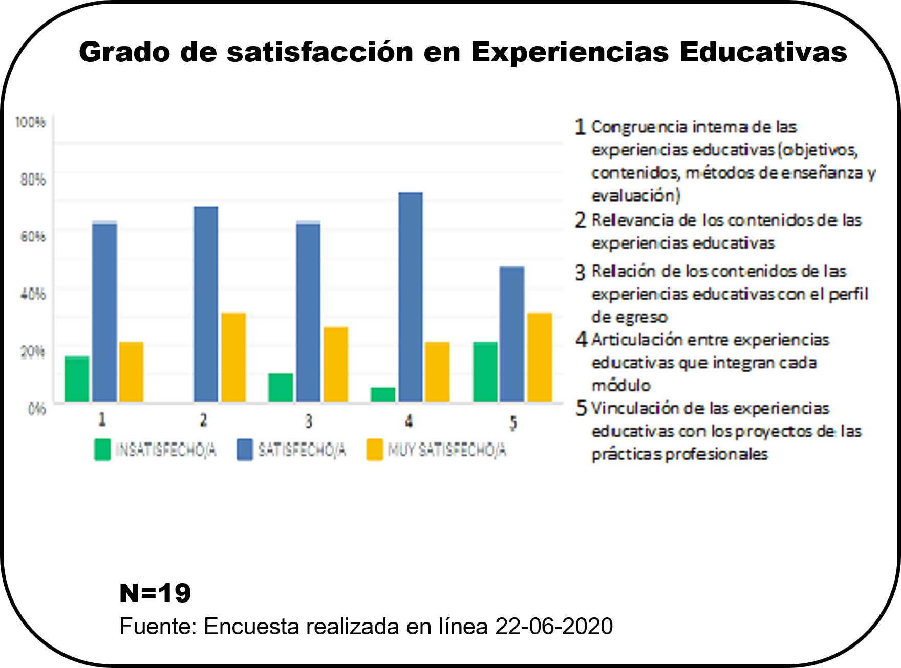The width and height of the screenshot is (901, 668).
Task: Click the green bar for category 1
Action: (x=77, y=378)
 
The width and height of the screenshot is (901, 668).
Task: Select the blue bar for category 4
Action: (x=411, y=297)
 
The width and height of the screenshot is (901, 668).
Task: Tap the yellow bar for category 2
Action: (x=233, y=357)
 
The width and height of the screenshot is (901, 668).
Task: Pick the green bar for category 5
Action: (x=485, y=372)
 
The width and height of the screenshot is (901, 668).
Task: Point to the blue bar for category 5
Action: (x=512, y=334)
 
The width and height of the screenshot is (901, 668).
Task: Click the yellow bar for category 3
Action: (x=336, y=364)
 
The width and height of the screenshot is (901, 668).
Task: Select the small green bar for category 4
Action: (x=383, y=394)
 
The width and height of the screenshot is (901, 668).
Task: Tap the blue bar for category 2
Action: (x=206, y=304)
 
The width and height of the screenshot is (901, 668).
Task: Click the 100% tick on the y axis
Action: (x=30, y=122)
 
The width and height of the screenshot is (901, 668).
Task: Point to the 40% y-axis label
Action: (x=33, y=294)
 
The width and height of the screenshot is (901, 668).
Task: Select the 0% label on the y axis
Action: (x=36, y=409)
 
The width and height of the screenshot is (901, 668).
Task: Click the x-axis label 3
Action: (x=308, y=421)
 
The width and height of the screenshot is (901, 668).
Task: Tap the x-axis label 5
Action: (x=513, y=422)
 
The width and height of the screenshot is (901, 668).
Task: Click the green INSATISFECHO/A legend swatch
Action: (x=102, y=450)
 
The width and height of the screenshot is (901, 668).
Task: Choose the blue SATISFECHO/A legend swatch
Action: (x=245, y=450)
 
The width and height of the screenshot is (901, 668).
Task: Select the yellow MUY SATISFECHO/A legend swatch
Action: (x=375, y=450)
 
